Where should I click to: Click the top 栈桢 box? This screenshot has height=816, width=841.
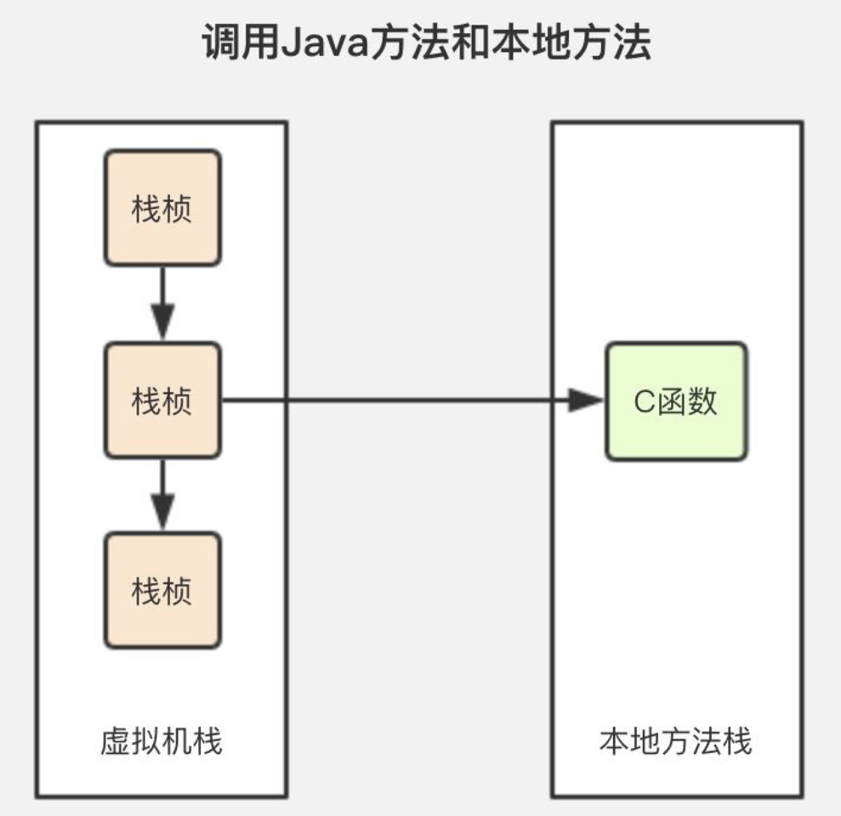coord(162,208)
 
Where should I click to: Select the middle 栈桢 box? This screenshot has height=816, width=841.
coord(162,399)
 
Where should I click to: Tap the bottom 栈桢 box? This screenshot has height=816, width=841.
coord(162,590)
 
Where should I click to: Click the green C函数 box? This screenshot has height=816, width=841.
coord(676,401)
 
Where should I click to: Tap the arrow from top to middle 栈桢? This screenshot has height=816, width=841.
coord(162,304)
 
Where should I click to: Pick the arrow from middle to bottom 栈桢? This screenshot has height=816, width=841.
coord(162,496)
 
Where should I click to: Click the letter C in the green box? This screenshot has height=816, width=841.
coord(644,402)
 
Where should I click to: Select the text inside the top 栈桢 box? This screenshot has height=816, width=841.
coord(162,209)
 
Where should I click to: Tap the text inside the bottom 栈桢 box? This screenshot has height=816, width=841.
coord(162,591)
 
